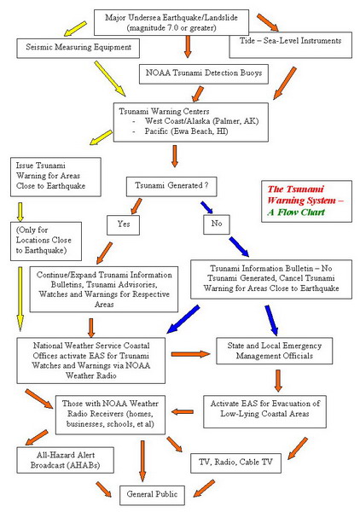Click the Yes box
click(124, 224)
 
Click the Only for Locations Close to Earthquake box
click(48, 240)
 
